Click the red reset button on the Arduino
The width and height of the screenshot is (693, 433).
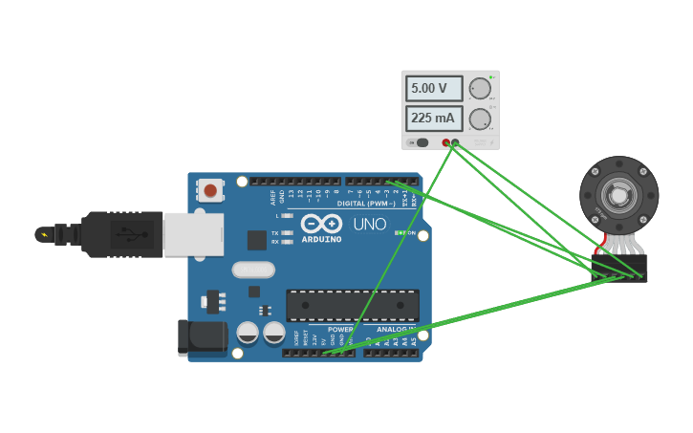click(x=210, y=190)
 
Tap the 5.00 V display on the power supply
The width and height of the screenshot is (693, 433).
click(x=434, y=89)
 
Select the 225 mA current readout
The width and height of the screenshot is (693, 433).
click(x=434, y=119)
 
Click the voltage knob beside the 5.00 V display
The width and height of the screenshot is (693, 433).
click(x=480, y=89)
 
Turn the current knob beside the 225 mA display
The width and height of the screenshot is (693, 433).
click(x=480, y=119)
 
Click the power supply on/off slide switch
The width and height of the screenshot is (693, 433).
click(x=419, y=142)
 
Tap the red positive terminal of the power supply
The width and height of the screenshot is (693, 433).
click(x=445, y=142)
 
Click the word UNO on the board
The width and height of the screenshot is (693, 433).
click(x=370, y=225)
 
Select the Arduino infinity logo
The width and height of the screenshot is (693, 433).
click(x=321, y=224)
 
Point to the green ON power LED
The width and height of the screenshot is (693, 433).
click(x=399, y=232)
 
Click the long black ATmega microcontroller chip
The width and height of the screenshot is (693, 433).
click(x=352, y=305)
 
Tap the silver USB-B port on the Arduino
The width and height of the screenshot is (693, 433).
click(x=194, y=234)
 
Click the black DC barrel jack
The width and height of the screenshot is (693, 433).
click(x=202, y=337)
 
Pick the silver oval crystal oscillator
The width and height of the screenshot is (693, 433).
click(x=253, y=270)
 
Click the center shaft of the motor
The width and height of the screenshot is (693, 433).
click(x=619, y=195)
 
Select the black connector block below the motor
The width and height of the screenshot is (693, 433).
click(x=618, y=268)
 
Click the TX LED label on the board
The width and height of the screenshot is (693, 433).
click(x=275, y=232)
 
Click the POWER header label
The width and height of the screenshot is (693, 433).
click(x=340, y=330)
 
